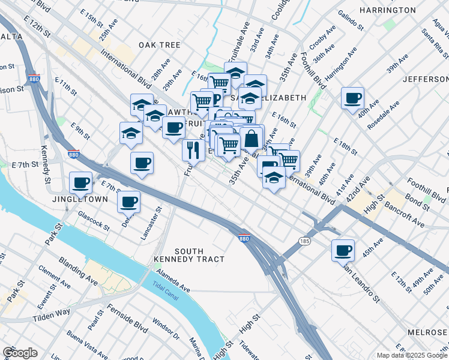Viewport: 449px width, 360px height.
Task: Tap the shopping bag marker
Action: click(251, 139)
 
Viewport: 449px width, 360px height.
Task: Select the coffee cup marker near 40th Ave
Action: click(352, 98)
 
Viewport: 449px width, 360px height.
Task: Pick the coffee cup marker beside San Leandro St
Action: click(343, 250)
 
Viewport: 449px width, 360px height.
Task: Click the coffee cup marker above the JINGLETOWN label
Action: click(80, 182)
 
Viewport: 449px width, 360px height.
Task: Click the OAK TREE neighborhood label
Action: click(159, 45)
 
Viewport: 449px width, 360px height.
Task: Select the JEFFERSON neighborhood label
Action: click(426, 79)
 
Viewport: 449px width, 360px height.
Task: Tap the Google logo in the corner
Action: click(20, 353)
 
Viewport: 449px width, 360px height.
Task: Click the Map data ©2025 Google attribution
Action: click(411, 355)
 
